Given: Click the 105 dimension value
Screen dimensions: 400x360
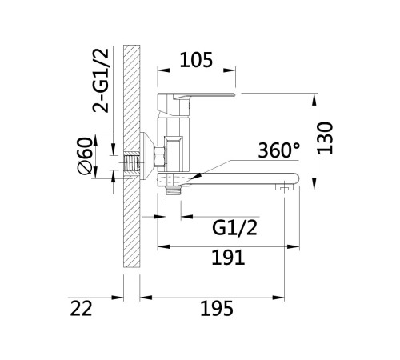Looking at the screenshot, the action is [x=196, y=60].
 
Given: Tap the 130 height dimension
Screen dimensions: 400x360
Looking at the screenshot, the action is [x=326, y=138].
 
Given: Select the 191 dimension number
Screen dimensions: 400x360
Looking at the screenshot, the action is [x=228, y=258].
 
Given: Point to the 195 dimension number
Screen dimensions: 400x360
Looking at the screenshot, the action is [x=217, y=308].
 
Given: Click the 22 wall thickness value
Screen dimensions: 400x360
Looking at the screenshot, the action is [x=81, y=308].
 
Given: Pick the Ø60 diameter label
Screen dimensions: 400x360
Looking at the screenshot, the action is [x=86, y=156].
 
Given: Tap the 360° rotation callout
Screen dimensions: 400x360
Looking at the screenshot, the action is [x=279, y=150].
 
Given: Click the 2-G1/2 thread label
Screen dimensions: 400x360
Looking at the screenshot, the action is [x=101, y=81].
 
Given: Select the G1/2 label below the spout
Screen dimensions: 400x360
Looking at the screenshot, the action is [x=234, y=228].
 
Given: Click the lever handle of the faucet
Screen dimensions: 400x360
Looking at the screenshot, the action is [x=197, y=97].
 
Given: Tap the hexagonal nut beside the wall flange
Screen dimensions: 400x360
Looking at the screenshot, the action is [x=159, y=157].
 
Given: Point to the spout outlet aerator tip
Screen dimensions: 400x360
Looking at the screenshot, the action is [x=284, y=187].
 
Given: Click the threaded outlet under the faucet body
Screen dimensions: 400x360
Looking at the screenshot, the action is [x=174, y=190].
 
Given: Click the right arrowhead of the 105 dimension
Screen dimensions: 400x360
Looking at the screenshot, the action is [x=230, y=70].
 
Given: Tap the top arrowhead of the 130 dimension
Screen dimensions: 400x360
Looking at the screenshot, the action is [x=315, y=99].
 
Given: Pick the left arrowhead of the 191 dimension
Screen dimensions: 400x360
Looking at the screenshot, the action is [x=163, y=246].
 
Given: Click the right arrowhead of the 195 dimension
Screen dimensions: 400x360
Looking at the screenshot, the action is [x=278, y=298].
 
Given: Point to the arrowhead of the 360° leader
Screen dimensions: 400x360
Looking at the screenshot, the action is [x=195, y=177].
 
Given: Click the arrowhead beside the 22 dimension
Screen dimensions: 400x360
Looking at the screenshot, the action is [x=118, y=298].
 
